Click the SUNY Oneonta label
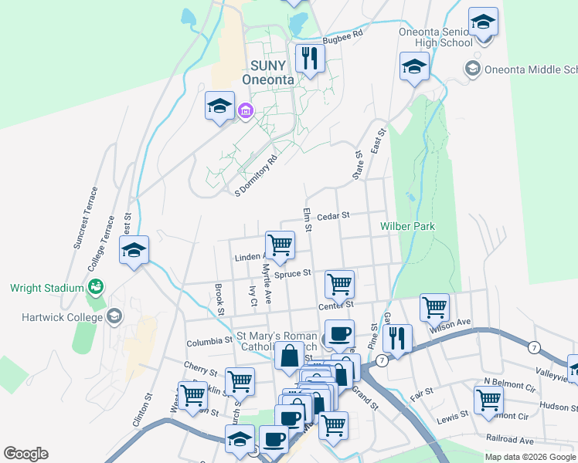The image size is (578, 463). (268, 73)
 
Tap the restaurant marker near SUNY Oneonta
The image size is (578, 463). (309, 58)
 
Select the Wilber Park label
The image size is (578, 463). (407, 226)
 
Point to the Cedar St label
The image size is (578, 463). (334, 215)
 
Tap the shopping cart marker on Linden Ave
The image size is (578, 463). (280, 245)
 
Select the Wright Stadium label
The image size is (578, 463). (46, 289)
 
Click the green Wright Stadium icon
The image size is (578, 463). (97, 288)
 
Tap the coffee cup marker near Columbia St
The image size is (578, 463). (339, 334)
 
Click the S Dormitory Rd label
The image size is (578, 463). (256, 177)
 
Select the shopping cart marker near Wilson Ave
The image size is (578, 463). (434, 307)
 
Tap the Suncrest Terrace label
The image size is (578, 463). (85, 218)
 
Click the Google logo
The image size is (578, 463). (25, 453)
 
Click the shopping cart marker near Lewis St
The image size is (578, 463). (488, 400)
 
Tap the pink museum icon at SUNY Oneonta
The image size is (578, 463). (246, 111)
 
